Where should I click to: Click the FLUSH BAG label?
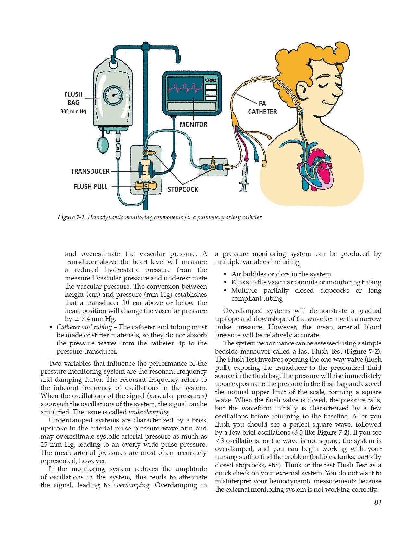(x=73, y=98)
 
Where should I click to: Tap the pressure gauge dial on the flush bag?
(x=113, y=95)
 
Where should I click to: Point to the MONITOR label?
(x=193, y=124)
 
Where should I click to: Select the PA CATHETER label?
(x=262, y=108)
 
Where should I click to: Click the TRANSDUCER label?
(x=90, y=171)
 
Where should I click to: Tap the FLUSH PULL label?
(x=90, y=187)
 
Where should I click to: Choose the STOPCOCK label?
(x=183, y=189)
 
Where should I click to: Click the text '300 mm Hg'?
(x=73, y=112)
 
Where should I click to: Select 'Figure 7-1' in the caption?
(x=71, y=217)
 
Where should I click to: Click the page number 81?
(x=378, y=502)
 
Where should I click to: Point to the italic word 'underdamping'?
(x=149, y=412)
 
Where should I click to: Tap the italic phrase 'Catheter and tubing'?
(x=84, y=327)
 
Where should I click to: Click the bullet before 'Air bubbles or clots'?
(x=225, y=274)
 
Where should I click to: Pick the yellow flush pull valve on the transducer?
(x=145, y=186)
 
